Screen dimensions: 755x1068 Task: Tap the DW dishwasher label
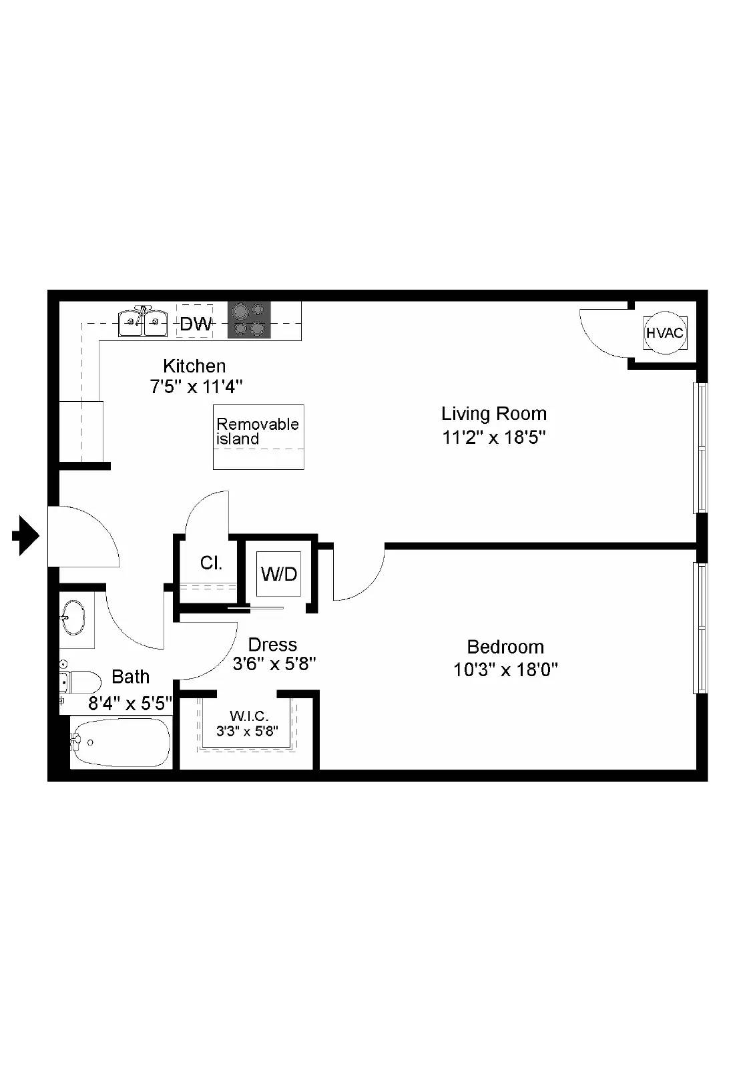click(195, 324)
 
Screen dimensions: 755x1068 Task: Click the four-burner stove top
click(249, 320)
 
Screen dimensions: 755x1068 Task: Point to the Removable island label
click(258, 431)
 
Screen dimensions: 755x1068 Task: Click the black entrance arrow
click(25, 535)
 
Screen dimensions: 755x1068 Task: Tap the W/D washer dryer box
click(279, 574)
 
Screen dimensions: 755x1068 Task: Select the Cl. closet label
click(211, 563)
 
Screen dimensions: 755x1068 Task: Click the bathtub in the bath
click(121, 742)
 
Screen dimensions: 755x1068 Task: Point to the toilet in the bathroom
click(80, 682)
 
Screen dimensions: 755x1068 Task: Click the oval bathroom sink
click(74, 618)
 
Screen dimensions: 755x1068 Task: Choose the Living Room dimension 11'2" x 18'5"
click(493, 437)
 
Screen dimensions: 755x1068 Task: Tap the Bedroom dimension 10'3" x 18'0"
click(505, 670)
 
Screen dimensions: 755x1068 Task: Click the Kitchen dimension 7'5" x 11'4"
click(196, 386)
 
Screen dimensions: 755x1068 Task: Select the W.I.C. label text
click(249, 716)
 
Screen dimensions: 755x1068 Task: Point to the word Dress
click(272, 645)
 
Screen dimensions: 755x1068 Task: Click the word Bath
click(130, 677)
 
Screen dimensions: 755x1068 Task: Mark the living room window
click(700, 448)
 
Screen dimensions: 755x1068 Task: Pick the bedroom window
click(700, 628)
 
